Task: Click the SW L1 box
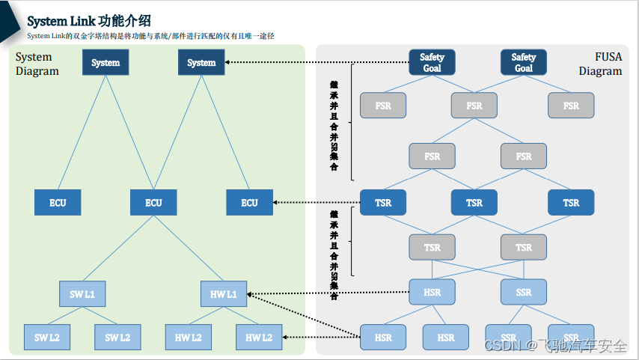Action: point(82,294)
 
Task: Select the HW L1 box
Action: point(224,294)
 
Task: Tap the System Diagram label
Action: point(37,64)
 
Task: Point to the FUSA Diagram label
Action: point(600,64)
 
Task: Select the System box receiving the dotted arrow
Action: point(201,63)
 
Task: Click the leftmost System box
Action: point(106,63)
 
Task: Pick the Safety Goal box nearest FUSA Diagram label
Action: point(523,63)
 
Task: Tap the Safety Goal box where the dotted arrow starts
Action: point(432,63)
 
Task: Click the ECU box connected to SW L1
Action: point(153,203)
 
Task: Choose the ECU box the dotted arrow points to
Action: point(249,203)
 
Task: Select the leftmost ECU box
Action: point(58,203)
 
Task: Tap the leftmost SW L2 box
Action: point(46,338)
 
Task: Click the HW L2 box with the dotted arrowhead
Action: point(259,338)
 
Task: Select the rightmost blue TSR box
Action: point(571,203)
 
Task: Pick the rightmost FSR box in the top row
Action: point(571,106)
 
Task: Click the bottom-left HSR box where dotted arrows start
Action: point(382,338)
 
